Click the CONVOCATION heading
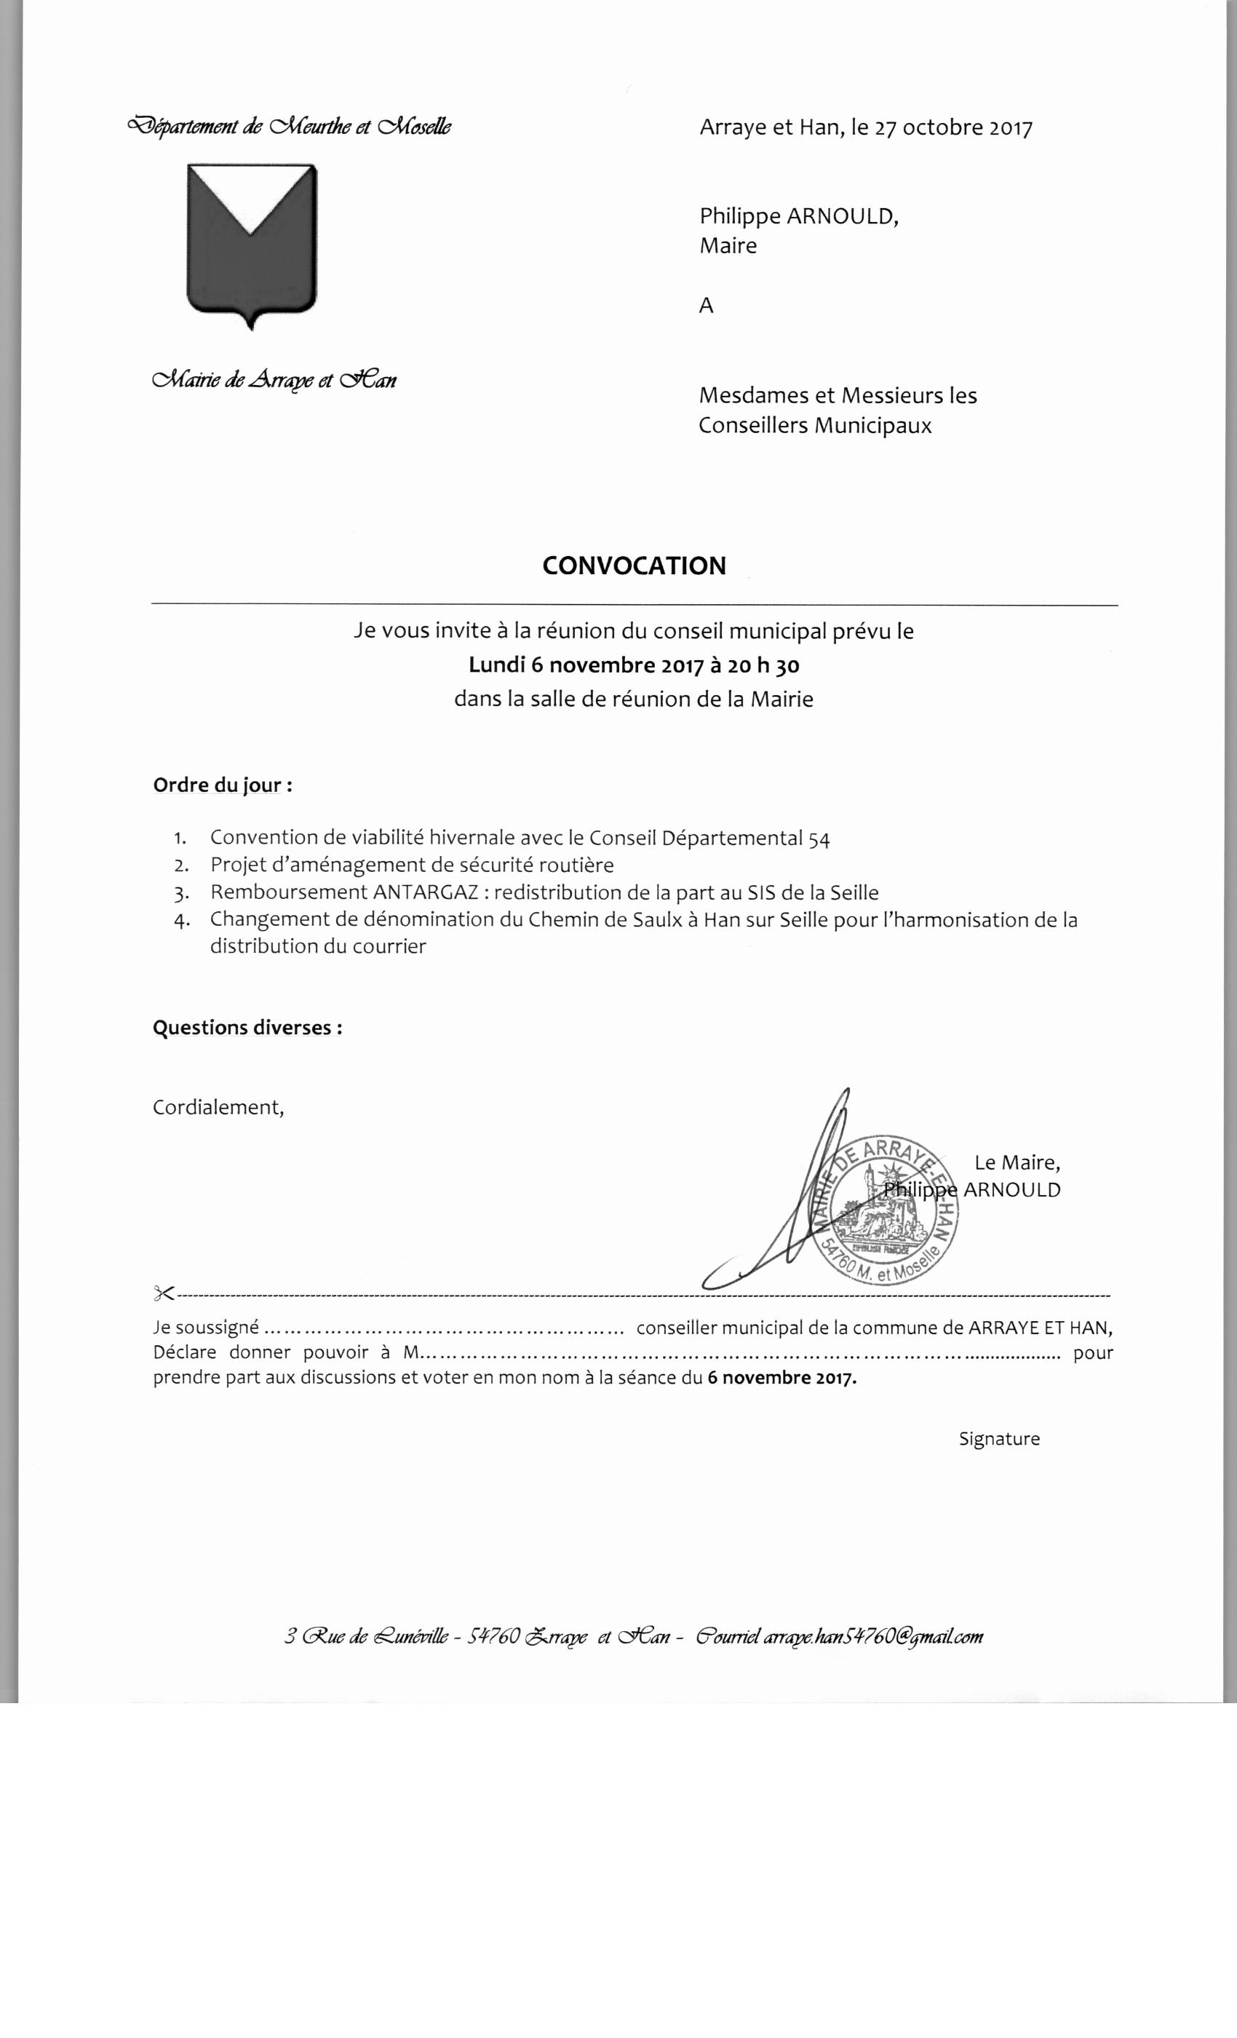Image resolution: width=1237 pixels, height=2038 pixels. click(635, 566)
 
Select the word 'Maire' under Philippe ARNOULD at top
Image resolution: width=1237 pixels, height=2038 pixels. click(728, 246)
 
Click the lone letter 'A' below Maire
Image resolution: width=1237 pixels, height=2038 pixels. click(706, 306)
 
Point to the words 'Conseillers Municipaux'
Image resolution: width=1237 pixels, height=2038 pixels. click(814, 426)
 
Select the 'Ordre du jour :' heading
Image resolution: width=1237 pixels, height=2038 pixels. click(223, 785)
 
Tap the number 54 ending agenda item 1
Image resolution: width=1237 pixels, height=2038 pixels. click(819, 838)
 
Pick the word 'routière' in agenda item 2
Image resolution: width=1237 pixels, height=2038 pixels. click(578, 865)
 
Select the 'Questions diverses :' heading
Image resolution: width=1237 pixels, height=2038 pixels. click(247, 1027)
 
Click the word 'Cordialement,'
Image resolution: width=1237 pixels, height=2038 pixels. click(218, 1108)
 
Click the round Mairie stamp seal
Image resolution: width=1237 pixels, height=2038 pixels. click(888, 1208)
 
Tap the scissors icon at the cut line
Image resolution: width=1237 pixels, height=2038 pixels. click(163, 1293)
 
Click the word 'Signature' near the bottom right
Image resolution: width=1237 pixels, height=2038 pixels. click(999, 1438)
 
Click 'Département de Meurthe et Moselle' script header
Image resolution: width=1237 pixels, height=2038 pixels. click(289, 127)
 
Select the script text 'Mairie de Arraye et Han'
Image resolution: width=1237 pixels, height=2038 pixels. click(274, 380)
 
